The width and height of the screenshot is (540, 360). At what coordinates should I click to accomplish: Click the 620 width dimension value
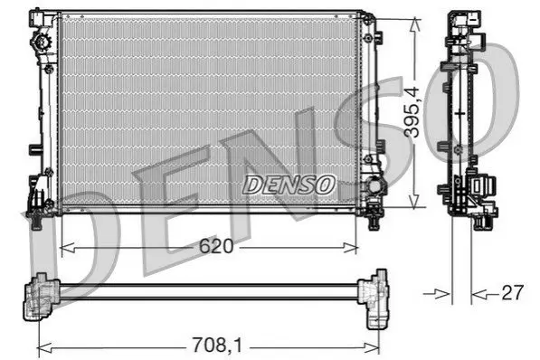(216, 246)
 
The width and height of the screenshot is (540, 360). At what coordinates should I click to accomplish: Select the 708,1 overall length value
(217, 345)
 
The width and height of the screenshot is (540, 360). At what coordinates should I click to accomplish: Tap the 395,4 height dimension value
(412, 111)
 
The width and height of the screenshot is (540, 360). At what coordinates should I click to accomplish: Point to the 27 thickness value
(513, 292)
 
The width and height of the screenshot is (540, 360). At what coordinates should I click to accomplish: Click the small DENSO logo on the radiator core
(289, 185)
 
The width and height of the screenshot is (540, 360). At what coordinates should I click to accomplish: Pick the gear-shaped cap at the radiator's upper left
(41, 42)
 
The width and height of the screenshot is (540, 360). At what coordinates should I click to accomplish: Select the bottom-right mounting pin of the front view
(374, 222)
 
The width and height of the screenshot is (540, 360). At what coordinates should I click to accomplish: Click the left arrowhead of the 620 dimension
(67, 247)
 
